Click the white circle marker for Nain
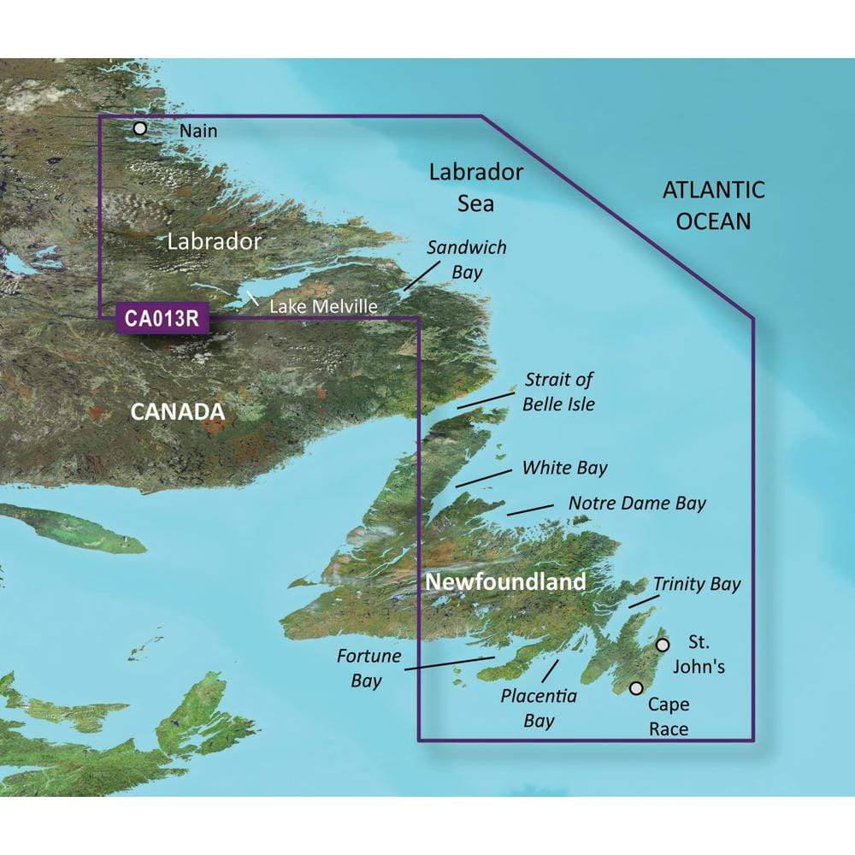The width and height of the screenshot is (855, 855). pyautogui.click(x=140, y=129)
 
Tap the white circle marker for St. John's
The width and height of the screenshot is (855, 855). pyautogui.click(x=662, y=645)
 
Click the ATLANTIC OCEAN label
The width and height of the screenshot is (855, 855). pyautogui.click(x=713, y=205)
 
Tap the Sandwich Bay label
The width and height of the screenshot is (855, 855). pyautogui.click(x=467, y=260)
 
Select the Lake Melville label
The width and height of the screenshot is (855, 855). pyautogui.click(x=323, y=305)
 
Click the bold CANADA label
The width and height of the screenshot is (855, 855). pyautogui.click(x=177, y=413)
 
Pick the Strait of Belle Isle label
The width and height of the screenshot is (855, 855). pyautogui.click(x=559, y=391)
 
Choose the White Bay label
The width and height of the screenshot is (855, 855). pyautogui.click(x=564, y=468)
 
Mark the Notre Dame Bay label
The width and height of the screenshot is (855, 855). pyautogui.click(x=637, y=504)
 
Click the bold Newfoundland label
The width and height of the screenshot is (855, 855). pyautogui.click(x=505, y=583)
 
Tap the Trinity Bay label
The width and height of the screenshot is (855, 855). pyautogui.click(x=697, y=584)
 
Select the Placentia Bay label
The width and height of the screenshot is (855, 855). pyautogui.click(x=539, y=708)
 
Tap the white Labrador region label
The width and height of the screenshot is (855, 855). pyautogui.click(x=214, y=241)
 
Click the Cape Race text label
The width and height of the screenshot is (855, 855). pyautogui.click(x=668, y=716)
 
